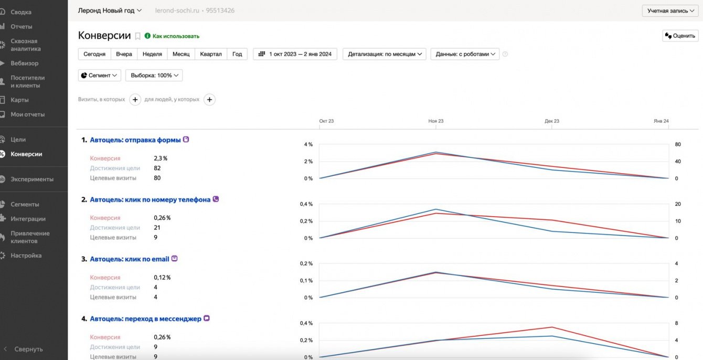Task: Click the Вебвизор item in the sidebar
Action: pyautogui.click(x=24, y=63)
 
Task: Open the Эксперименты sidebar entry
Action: pyautogui.click(x=31, y=179)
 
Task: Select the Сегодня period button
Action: pyautogui.click(x=94, y=54)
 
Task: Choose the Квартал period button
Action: pyautogui.click(x=211, y=54)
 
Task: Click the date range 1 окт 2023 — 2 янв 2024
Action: pyautogui.click(x=295, y=54)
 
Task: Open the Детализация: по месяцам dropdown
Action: pyautogui.click(x=385, y=54)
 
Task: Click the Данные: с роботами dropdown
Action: pyautogui.click(x=465, y=54)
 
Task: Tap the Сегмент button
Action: pyautogui.click(x=100, y=76)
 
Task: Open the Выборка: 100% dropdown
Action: pyautogui.click(x=154, y=76)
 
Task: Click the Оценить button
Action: pyautogui.click(x=680, y=36)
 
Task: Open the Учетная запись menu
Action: pyautogui.click(x=670, y=10)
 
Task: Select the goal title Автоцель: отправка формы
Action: pyautogui.click(x=135, y=140)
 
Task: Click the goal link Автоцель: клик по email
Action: pyautogui.click(x=130, y=259)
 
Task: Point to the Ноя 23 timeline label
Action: pyautogui.click(x=435, y=121)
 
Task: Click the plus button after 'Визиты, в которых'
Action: pyautogui.click(x=135, y=100)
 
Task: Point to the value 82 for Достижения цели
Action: pyautogui.click(x=157, y=168)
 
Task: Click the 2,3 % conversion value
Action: pyautogui.click(x=161, y=158)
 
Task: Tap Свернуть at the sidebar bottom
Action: pyautogui.click(x=28, y=349)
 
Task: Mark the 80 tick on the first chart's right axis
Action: pyautogui.click(x=678, y=144)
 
